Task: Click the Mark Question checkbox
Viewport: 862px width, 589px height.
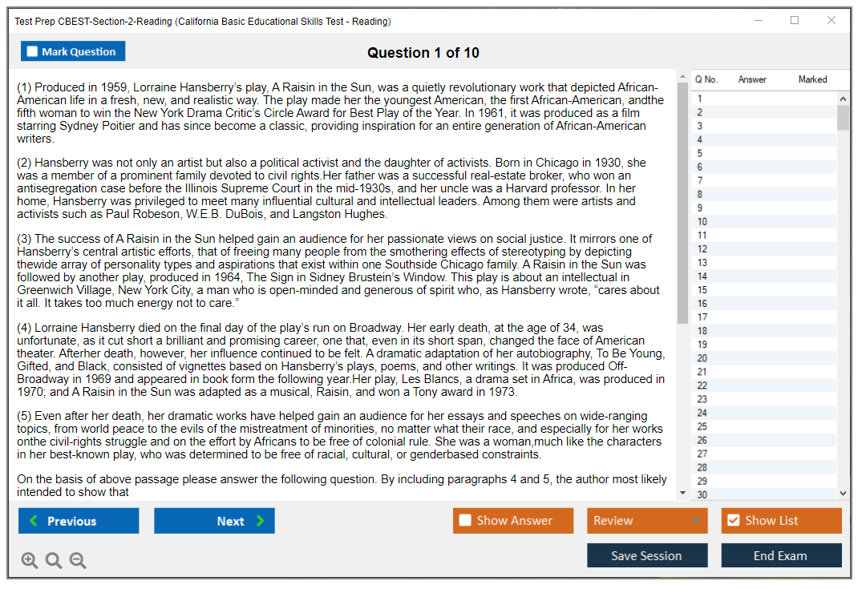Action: (x=32, y=51)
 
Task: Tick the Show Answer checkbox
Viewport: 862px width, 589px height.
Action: (x=465, y=521)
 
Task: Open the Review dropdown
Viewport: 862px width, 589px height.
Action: (x=647, y=521)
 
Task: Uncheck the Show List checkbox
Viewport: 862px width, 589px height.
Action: (x=733, y=521)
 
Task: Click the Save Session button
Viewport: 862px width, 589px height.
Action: (x=646, y=555)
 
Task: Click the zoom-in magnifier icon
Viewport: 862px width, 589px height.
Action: (x=30, y=560)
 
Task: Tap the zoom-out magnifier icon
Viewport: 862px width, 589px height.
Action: (x=78, y=560)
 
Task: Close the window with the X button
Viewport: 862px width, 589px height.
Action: (x=831, y=21)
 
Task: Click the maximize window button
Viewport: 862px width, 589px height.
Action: (x=795, y=21)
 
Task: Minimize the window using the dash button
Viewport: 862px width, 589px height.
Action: (x=758, y=21)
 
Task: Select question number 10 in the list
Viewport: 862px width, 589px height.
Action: (x=702, y=222)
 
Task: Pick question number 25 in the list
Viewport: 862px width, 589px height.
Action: (x=702, y=427)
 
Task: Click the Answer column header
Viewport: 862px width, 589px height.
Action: (x=752, y=79)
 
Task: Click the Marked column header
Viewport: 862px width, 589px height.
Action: (x=812, y=79)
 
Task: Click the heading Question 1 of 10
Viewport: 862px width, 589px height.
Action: (x=423, y=53)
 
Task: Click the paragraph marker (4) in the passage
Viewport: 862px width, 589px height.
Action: (x=24, y=328)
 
